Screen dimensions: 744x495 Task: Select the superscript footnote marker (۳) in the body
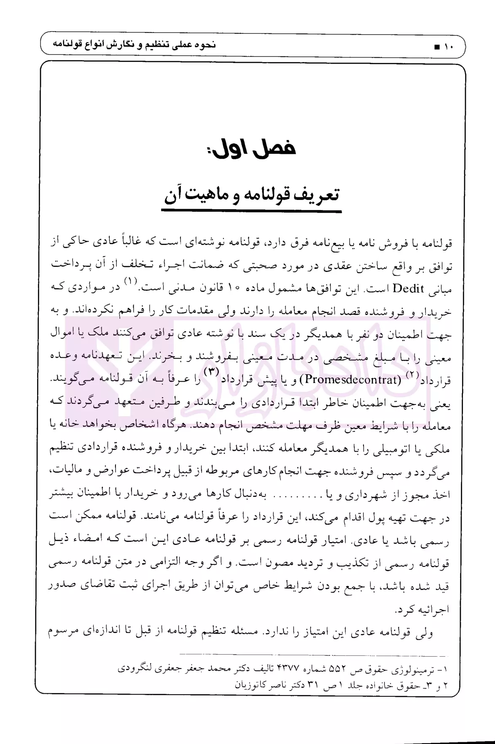coord(210,372)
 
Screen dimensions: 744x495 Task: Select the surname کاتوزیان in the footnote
coord(252,685)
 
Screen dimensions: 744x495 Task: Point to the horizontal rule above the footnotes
coord(312,655)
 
